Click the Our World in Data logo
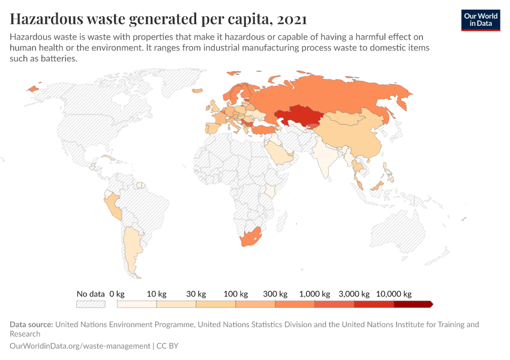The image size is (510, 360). tap(480, 19)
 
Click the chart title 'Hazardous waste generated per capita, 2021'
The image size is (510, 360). tap(158, 19)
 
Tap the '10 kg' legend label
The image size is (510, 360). tap(157, 294)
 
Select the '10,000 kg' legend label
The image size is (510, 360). tap(394, 294)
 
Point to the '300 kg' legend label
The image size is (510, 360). tap(275, 294)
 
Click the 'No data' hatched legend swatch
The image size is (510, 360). tap(91, 304)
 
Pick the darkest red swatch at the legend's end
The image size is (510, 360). tap(413, 304)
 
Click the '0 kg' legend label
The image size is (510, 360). tap(116, 294)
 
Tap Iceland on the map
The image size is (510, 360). tap(32, 88)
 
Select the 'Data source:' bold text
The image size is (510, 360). tap(31, 325)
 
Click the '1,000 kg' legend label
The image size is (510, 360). tap(315, 294)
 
